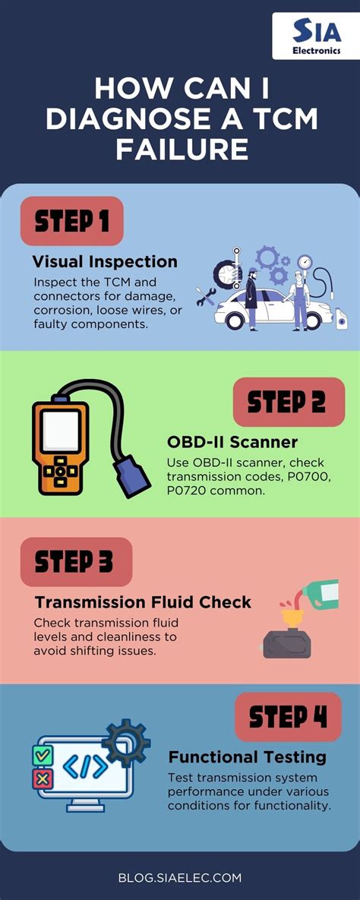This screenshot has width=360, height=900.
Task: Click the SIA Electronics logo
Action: coord(315,36)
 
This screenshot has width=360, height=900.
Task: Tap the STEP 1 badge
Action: coord(72,221)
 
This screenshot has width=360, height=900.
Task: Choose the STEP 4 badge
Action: coord(288,717)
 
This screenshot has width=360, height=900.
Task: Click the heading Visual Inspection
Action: coord(105,262)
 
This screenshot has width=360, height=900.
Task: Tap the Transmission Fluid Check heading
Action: coord(143,602)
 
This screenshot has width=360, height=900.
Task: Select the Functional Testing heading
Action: coord(247,757)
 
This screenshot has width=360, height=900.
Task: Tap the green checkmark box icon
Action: coord(43,755)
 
